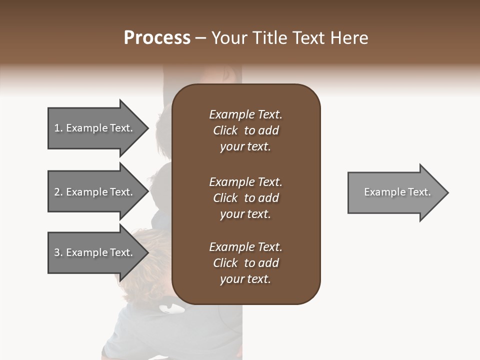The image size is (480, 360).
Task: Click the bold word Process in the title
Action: coord(157,38)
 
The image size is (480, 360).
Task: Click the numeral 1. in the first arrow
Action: coord(58,128)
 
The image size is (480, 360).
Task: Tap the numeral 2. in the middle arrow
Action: coord(58,192)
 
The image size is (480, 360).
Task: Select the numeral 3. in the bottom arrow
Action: coord(58,252)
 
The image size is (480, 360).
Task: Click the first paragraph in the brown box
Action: coord(245,130)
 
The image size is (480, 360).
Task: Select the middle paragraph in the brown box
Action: coord(245,198)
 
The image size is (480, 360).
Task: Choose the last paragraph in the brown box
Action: coord(245,263)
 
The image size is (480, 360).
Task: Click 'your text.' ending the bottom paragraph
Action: coord(245,279)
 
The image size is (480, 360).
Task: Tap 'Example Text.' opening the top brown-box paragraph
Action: coord(245,114)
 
